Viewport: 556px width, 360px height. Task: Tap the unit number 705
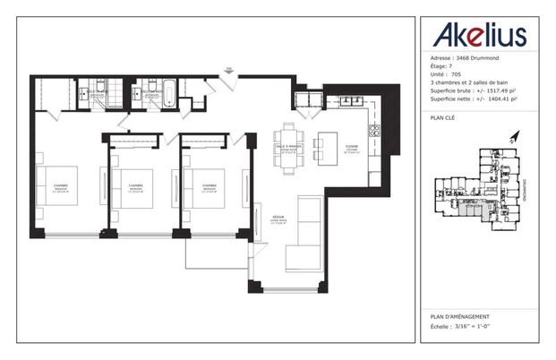[x=455, y=74]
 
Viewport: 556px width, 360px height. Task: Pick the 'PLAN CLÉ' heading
[x=445, y=116]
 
